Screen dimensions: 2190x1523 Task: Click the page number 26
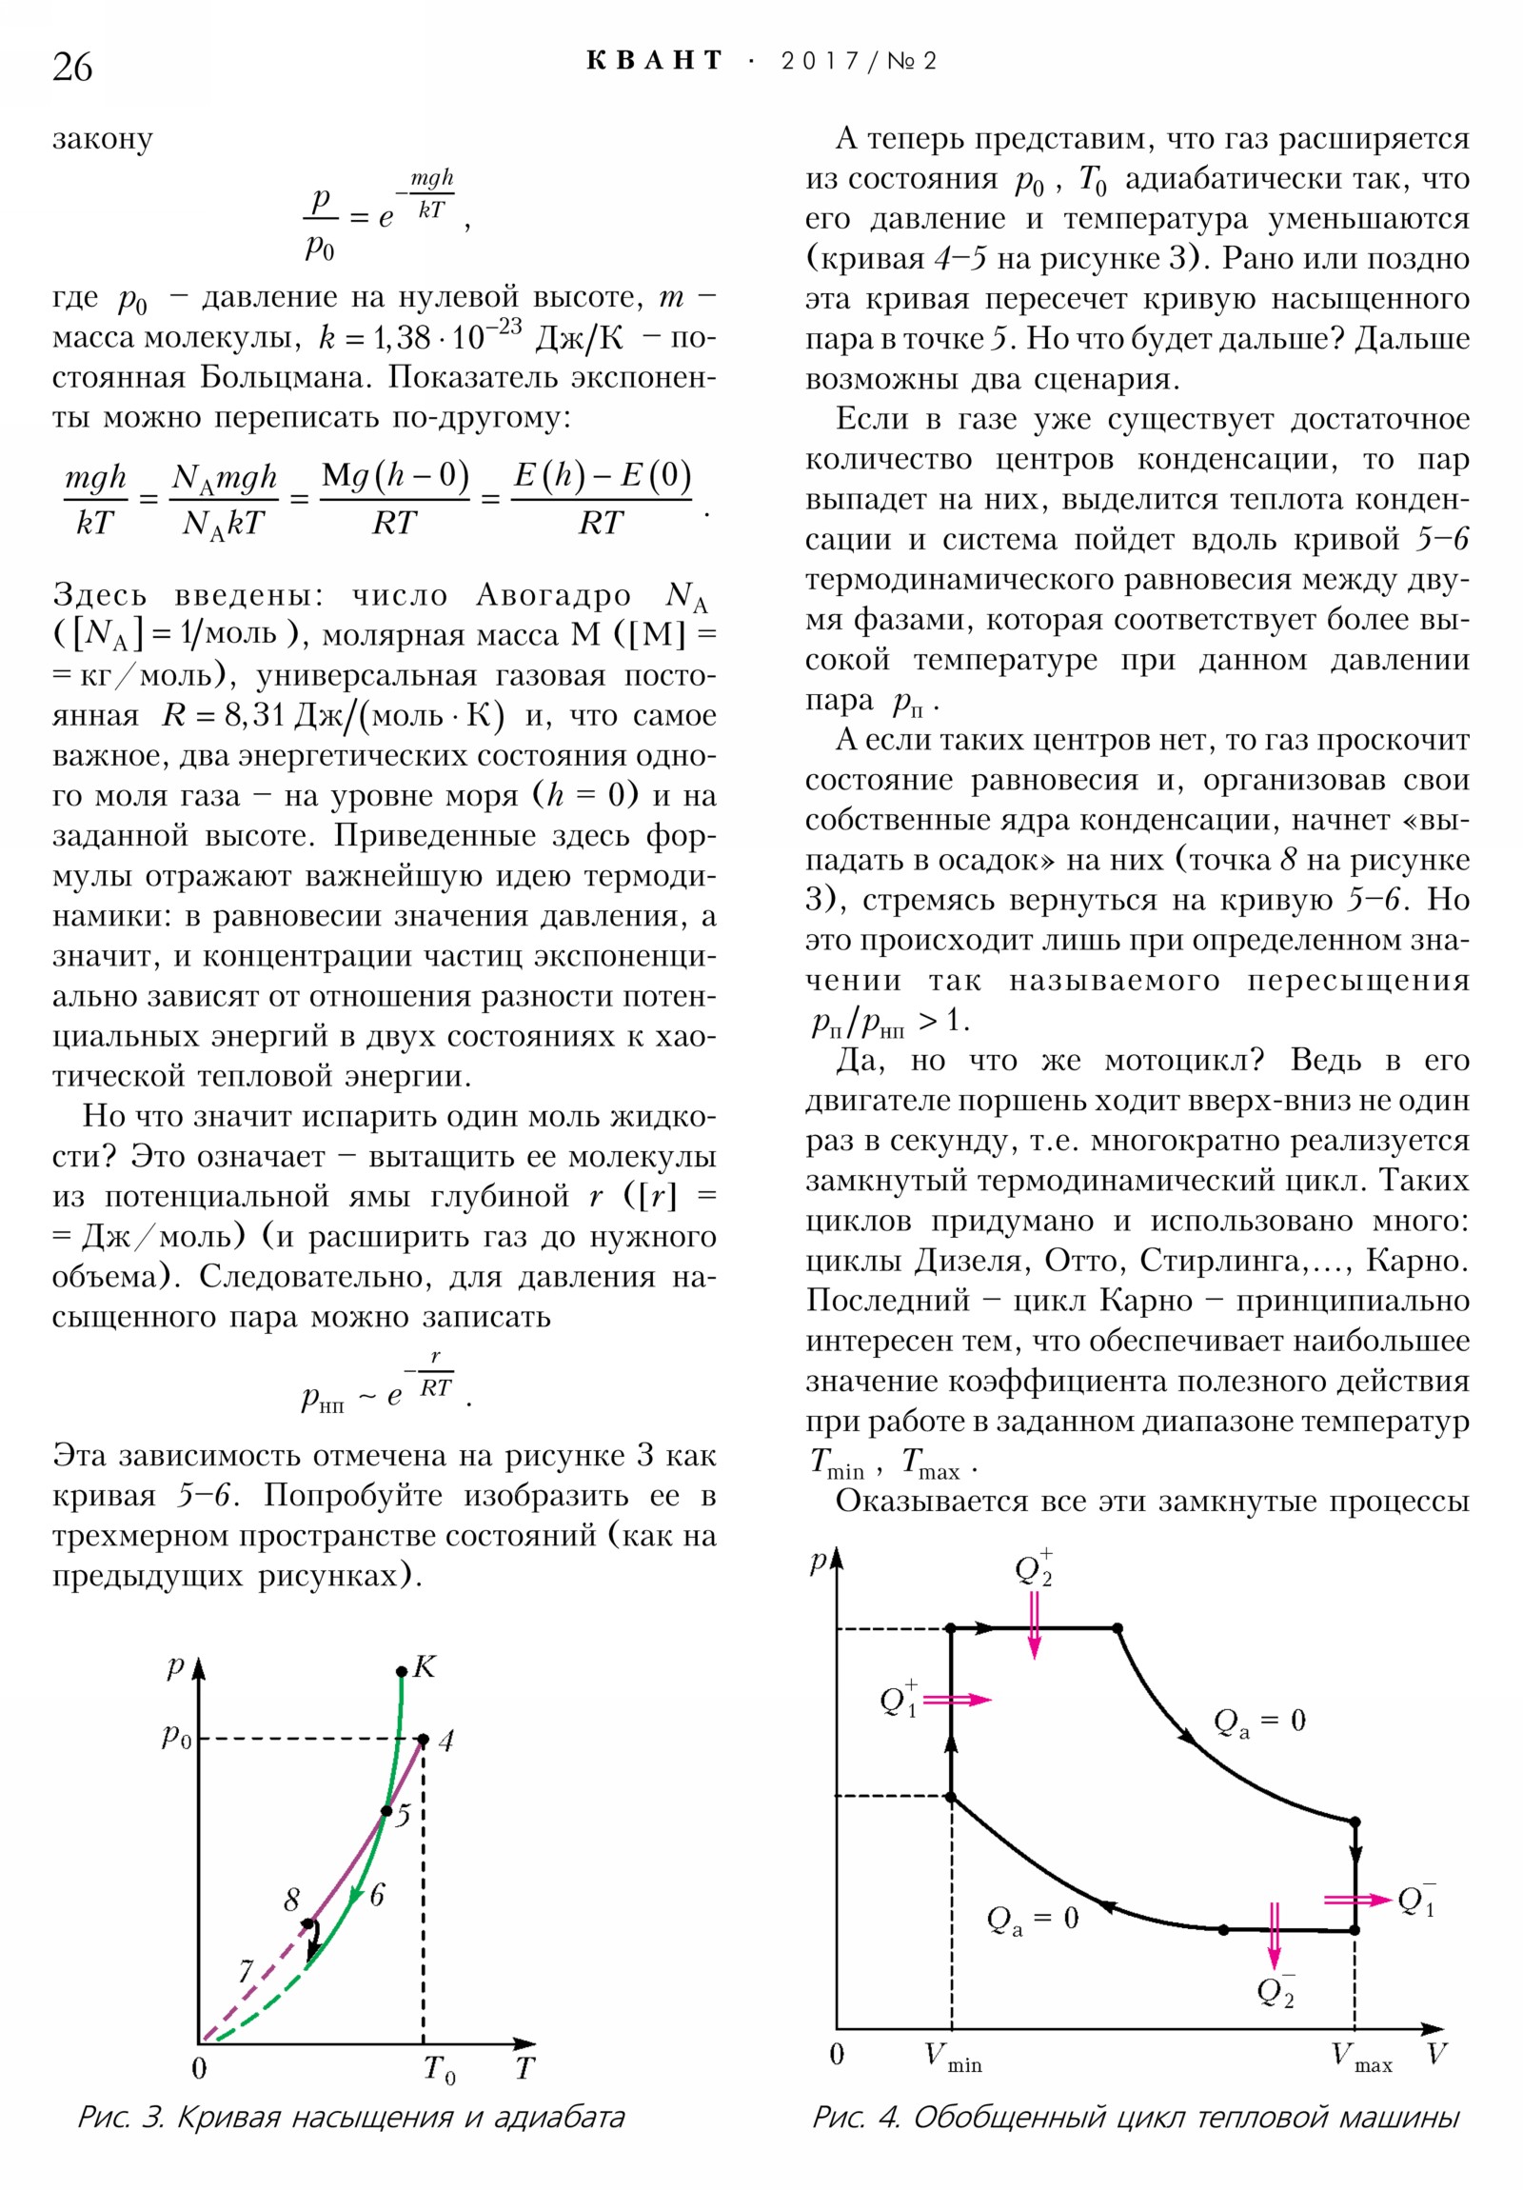point(72,68)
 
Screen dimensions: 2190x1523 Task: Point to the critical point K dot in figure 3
point(402,1671)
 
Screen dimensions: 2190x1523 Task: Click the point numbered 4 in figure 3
point(424,1739)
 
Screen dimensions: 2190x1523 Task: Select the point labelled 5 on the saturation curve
point(386,1810)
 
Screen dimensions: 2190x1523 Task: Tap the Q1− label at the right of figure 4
point(1415,1900)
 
